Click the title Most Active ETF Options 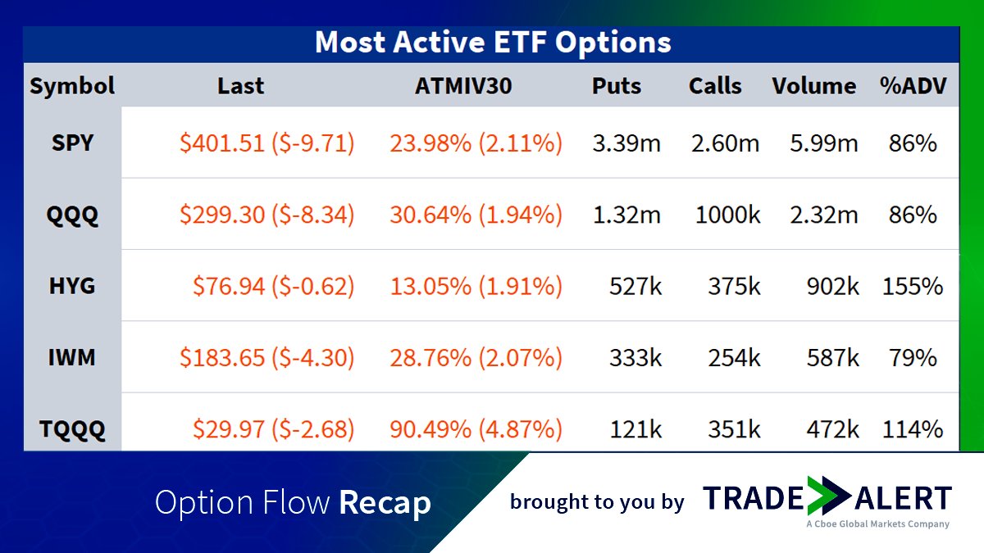point(492,43)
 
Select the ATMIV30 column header point(463,86)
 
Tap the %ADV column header point(912,86)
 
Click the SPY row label point(72,143)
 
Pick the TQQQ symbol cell point(72,429)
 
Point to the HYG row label point(72,286)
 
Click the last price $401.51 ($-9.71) point(266,143)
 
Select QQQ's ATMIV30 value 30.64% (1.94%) point(476,215)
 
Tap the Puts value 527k point(635,286)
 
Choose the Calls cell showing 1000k point(727,215)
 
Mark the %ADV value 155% point(913,286)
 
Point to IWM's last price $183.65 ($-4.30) point(266,357)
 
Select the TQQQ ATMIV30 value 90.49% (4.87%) point(476,429)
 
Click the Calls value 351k point(734,429)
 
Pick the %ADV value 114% point(913,429)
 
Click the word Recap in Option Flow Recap point(385,502)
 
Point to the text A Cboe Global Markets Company point(877,524)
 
